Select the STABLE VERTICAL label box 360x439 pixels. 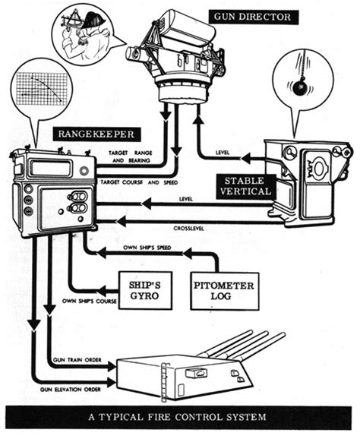(x=242, y=186)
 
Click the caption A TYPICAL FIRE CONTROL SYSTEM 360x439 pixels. (x=180, y=419)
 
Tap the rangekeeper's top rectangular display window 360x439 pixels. (x=51, y=168)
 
